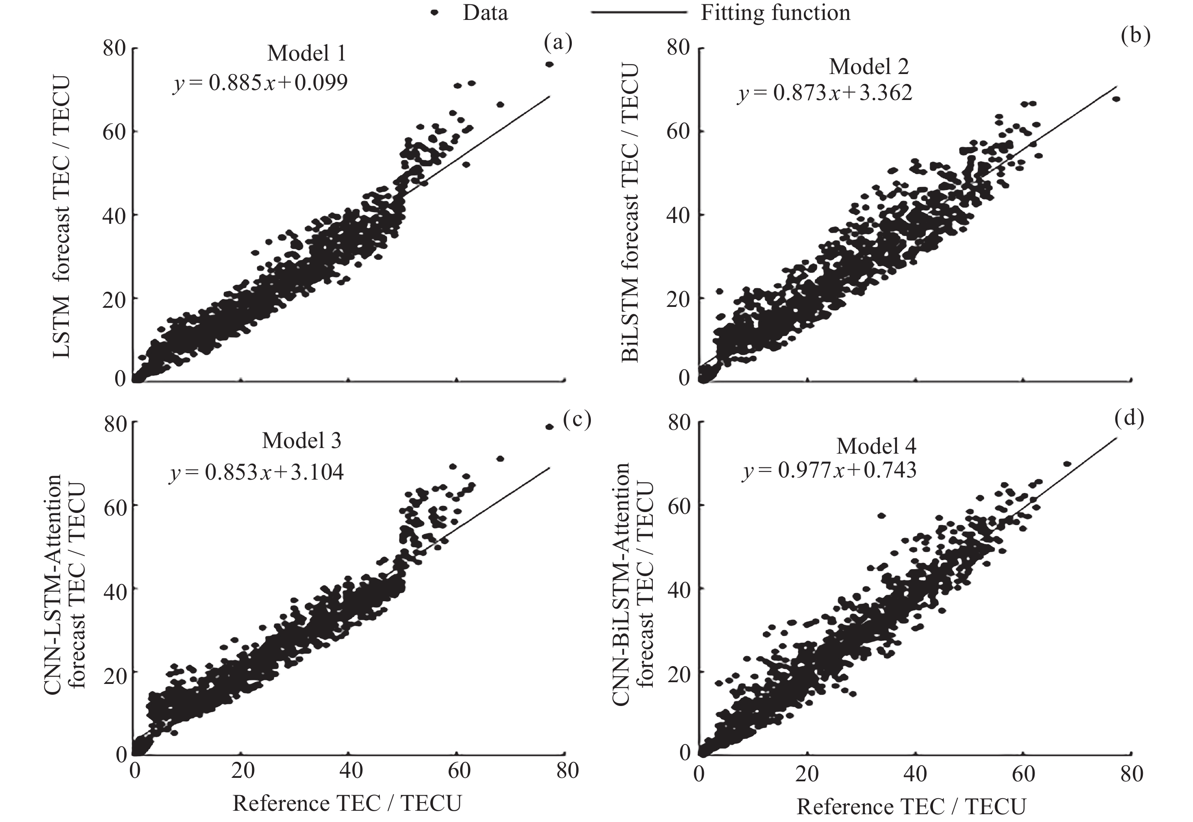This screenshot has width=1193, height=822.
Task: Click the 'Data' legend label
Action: (485, 13)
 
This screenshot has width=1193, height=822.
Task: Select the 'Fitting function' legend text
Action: (775, 13)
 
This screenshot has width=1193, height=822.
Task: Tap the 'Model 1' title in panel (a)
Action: (306, 53)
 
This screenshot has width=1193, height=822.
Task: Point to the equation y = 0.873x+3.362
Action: (825, 93)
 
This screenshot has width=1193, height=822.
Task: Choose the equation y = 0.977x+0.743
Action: (829, 470)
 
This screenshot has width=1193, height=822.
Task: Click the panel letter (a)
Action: (558, 43)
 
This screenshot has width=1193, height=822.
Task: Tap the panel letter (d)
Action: (1129, 418)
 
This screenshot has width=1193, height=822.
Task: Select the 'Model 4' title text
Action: (876, 446)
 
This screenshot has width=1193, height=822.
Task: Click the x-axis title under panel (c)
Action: (347, 803)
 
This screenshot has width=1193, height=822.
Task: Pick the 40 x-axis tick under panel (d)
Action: (915, 774)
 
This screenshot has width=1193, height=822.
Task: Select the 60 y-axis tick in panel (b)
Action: (678, 132)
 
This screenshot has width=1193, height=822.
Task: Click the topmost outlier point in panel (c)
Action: (549, 427)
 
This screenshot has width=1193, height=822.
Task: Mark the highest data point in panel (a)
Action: (549, 64)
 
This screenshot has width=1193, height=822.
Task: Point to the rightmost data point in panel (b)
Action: (1116, 99)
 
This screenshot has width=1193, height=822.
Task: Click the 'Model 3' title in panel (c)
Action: (301, 441)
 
